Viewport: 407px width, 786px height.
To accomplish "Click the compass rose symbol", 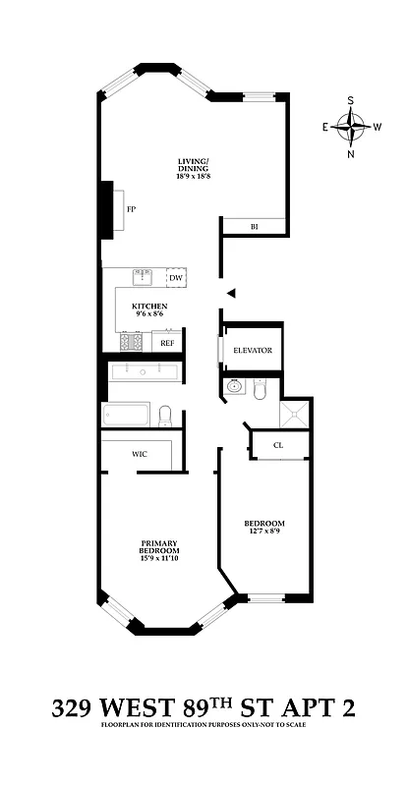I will (351, 125).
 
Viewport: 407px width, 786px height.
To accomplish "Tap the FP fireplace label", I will (131, 209).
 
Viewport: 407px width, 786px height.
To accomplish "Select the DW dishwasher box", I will (176, 278).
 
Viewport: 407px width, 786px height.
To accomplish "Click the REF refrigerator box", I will (167, 343).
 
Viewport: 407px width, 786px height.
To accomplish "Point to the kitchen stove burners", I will (132, 343).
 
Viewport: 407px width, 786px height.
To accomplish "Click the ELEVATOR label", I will (253, 351).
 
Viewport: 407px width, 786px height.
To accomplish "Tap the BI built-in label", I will (254, 227).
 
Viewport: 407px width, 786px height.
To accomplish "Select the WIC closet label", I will (140, 455).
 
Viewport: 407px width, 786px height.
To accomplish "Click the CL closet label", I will (278, 445).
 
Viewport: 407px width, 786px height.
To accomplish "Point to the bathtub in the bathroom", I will (125, 415).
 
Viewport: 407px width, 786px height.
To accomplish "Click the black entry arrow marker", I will (231, 292).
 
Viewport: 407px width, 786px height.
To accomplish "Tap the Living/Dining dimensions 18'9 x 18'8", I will (194, 176).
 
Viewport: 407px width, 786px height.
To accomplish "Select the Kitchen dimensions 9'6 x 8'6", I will (150, 314).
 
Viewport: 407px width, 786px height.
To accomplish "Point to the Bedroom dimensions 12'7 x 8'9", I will (264, 532).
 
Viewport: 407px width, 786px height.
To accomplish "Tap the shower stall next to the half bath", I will (293, 413).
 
